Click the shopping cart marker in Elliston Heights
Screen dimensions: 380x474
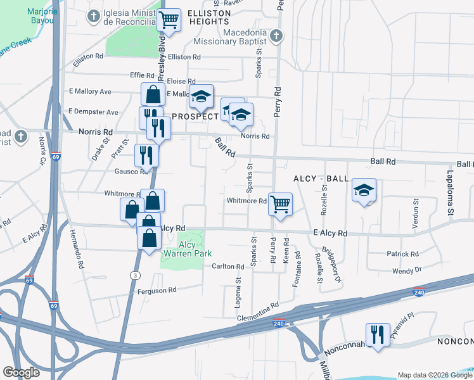(x=169, y=20)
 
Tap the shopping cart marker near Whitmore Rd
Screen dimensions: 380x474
(x=279, y=205)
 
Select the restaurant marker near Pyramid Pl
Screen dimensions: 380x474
(x=378, y=334)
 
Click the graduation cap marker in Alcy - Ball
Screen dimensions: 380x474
(x=364, y=190)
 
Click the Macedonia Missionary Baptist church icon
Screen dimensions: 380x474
(x=276, y=35)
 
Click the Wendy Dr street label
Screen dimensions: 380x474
(x=407, y=270)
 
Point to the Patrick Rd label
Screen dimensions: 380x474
(x=402, y=254)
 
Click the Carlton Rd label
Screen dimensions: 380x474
(x=228, y=267)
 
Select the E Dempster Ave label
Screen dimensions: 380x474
(x=94, y=112)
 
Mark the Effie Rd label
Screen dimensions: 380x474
(x=142, y=75)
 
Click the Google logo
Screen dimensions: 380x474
(x=22, y=372)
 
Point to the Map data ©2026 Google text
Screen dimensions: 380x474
(x=434, y=375)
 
